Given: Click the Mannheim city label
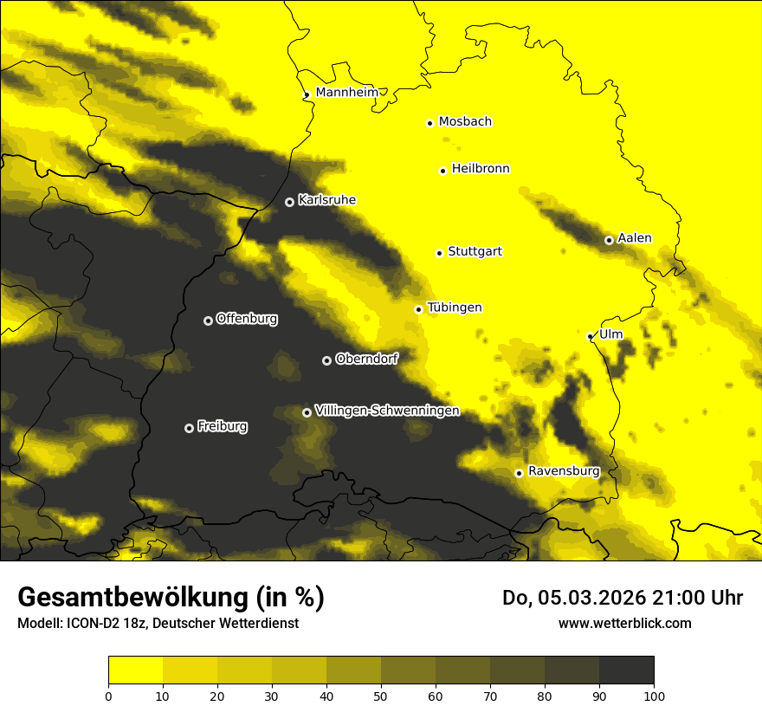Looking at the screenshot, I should (x=346, y=93).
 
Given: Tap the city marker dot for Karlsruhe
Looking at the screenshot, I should (x=289, y=202).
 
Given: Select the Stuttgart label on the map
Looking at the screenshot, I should (x=475, y=251).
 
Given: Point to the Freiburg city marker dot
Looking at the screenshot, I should (x=189, y=428).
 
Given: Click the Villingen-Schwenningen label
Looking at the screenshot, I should (x=387, y=411).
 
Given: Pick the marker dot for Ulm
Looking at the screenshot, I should (x=590, y=337).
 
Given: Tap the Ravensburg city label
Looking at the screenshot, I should (x=563, y=471).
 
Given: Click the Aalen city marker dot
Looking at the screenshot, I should (x=609, y=240).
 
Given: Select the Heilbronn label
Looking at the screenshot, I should (x=481, y=169).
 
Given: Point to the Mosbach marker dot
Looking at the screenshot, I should (x=429, y=123).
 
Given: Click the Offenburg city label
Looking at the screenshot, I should (x=247, y=319).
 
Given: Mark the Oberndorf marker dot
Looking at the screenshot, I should (x=326, y=360).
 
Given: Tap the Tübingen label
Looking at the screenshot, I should (x=455, y=308).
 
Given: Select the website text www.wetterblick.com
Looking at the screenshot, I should (x=624, y=623).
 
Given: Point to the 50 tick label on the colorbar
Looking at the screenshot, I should (x=381, y=696).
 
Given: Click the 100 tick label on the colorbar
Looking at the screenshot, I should (x=654, y=696).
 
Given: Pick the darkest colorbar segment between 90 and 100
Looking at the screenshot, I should (x=626, y=670).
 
